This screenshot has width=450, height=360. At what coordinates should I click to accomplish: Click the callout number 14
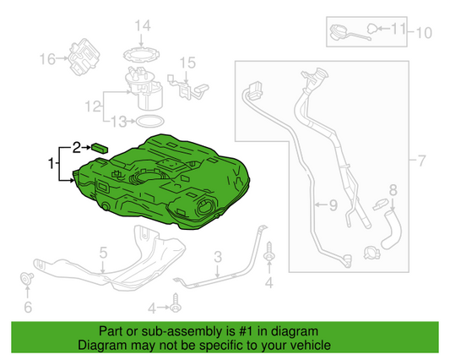(x=143, y=26)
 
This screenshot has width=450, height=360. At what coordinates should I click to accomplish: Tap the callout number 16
(x=47, y=59)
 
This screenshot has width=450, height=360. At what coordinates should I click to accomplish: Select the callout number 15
(x=187, y=63)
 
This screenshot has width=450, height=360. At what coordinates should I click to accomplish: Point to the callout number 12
(x=93, y=106)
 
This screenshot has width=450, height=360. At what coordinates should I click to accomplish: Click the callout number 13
(x=118, y=122)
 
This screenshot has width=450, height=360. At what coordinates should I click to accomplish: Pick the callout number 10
(x=424, y=33)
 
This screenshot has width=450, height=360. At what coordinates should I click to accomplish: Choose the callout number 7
(x=421, y=161)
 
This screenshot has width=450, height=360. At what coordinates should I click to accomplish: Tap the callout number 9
(x=333, y=205)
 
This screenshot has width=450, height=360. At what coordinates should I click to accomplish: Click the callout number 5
(x=103, y=253)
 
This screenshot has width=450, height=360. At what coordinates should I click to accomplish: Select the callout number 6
(x=28, y=307)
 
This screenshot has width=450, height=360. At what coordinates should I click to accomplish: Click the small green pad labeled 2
(x=100, y=149)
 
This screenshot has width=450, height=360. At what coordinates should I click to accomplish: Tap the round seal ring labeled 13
(x=149, y=121)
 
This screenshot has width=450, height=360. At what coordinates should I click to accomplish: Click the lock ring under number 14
(x=141, y=54)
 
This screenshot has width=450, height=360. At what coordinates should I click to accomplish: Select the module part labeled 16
(x=84, y=57)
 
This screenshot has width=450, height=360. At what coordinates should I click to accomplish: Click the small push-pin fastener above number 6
(x=27, y=278)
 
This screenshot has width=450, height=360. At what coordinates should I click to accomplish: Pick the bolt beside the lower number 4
(x=176, y=303)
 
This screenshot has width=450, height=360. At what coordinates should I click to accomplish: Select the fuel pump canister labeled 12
(x=145, y=89)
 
